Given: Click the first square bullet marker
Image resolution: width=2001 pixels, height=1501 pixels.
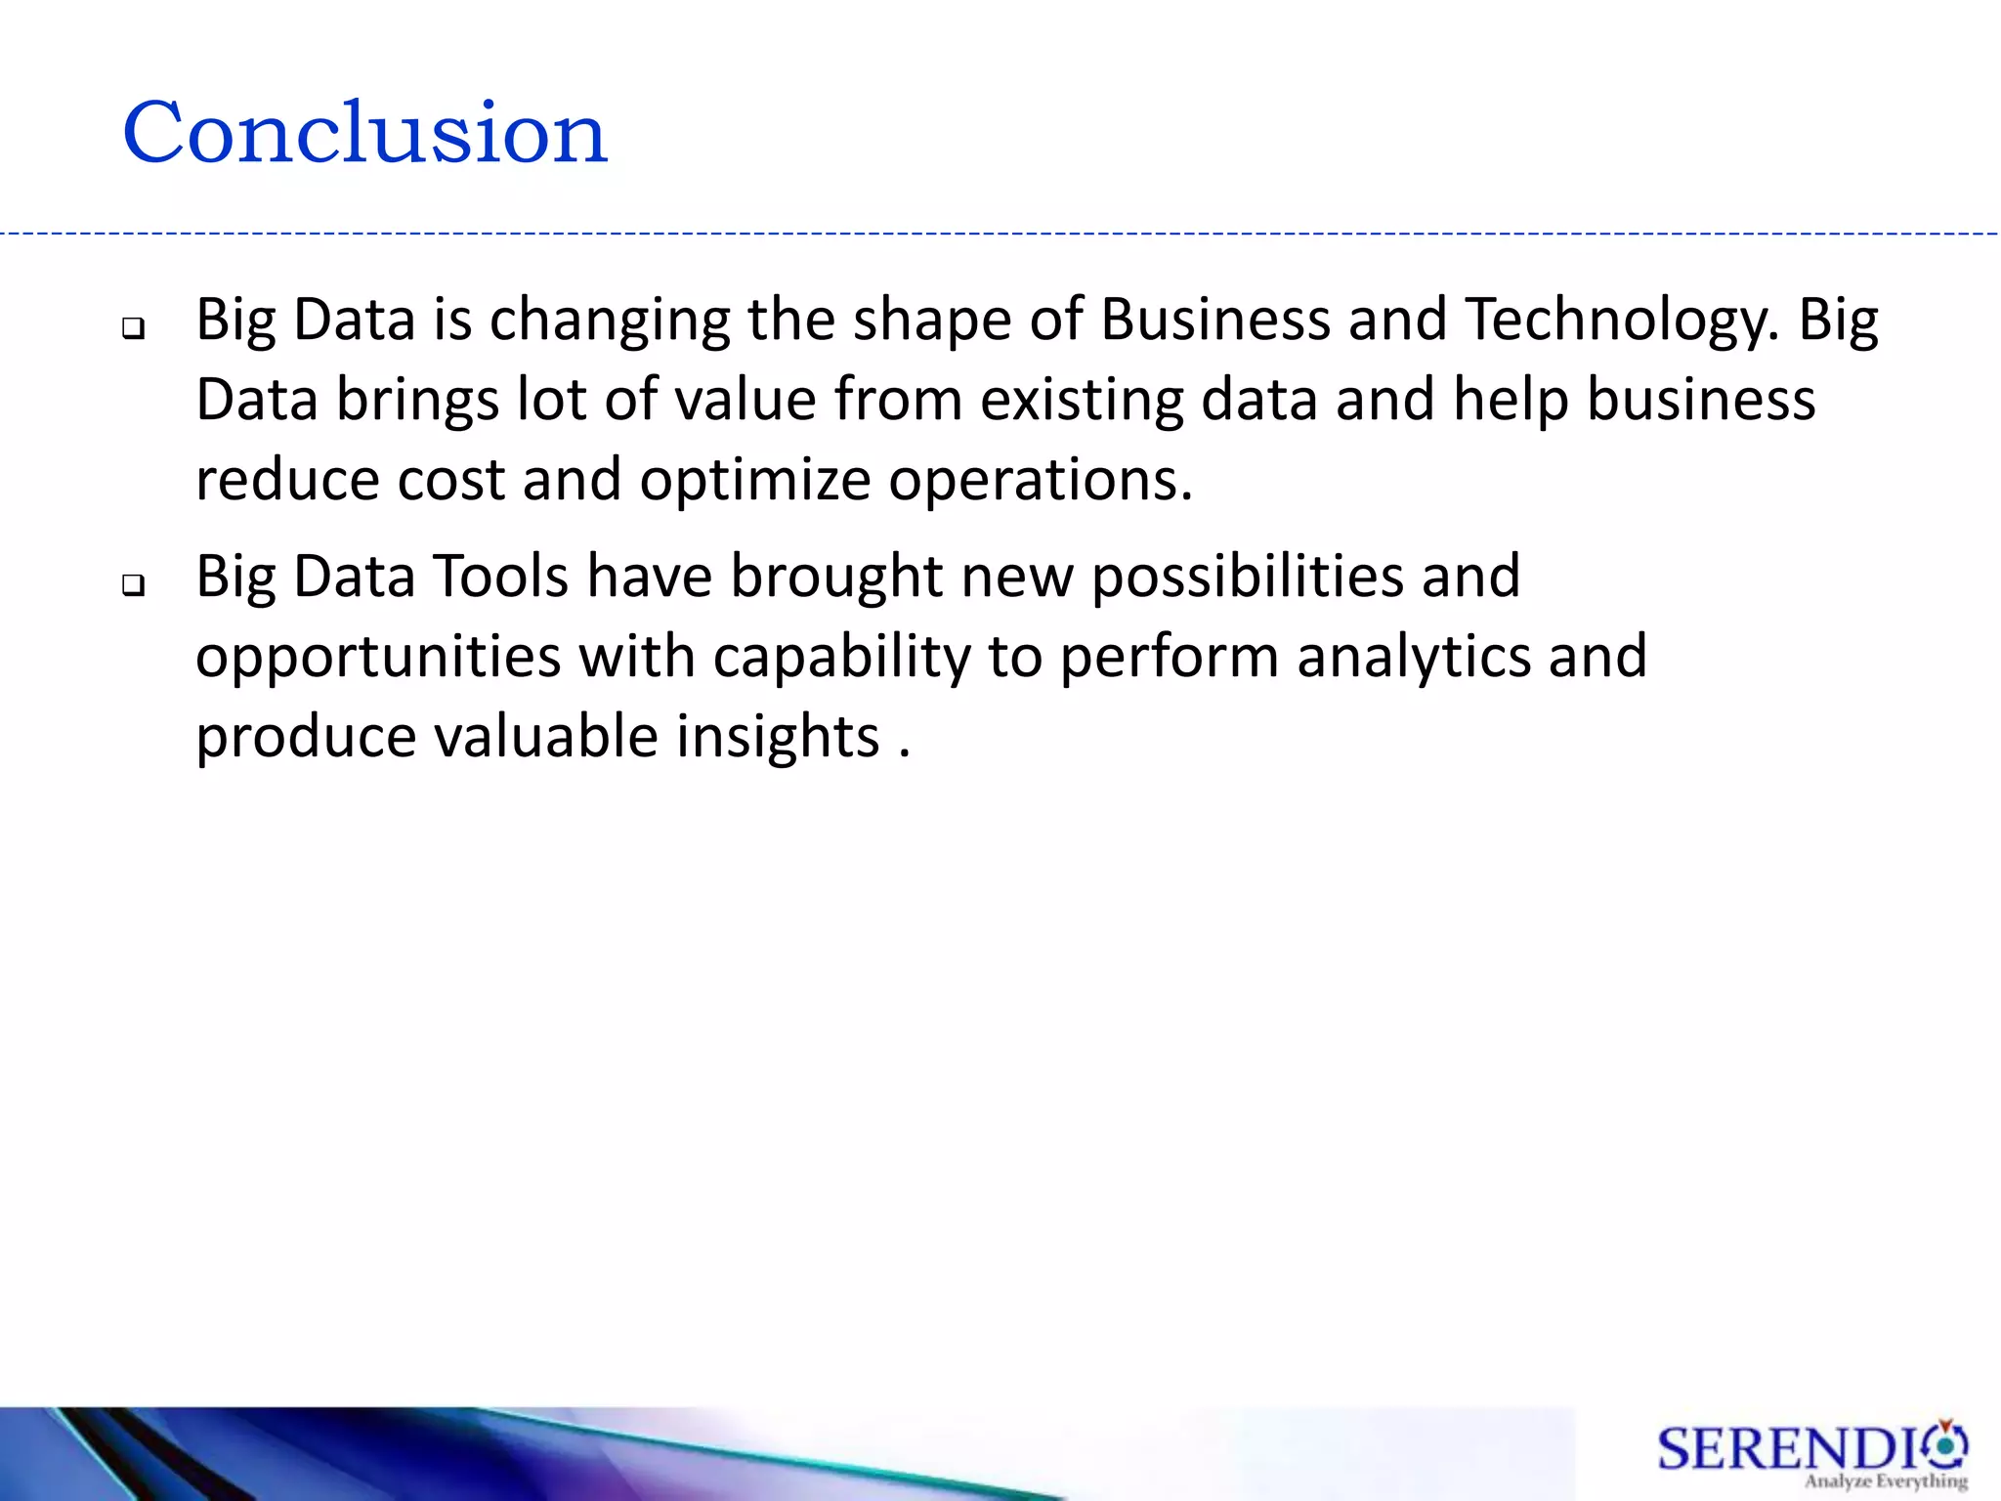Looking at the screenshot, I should point(133,328).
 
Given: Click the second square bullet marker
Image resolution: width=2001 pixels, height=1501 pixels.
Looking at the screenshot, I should point(133,584).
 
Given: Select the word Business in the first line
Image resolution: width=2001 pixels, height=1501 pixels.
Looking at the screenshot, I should point(1215,320).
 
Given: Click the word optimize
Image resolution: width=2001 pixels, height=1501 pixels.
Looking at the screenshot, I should point(754,482).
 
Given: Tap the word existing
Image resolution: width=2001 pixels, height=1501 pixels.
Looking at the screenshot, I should point(1082,402).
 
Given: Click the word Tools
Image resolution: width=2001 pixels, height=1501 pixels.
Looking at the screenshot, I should point(500,576).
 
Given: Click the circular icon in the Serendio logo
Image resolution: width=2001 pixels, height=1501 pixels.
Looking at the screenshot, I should point(1947,1444).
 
